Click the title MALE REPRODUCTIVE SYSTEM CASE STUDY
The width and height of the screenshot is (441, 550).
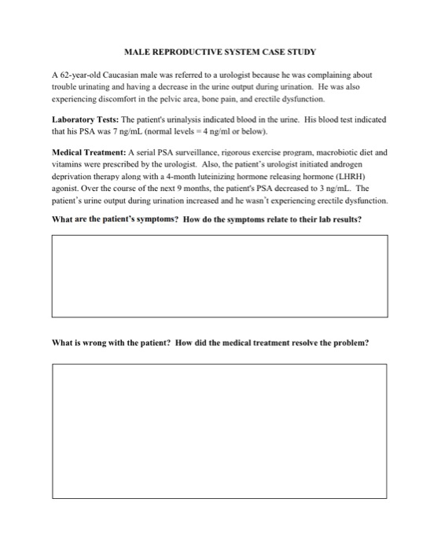[x=220, y=52]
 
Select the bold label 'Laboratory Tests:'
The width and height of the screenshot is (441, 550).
[x=81, y=119]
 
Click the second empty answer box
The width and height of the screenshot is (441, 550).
[x=220, y=440]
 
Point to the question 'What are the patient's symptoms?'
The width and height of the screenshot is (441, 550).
[x=115, y=219]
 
